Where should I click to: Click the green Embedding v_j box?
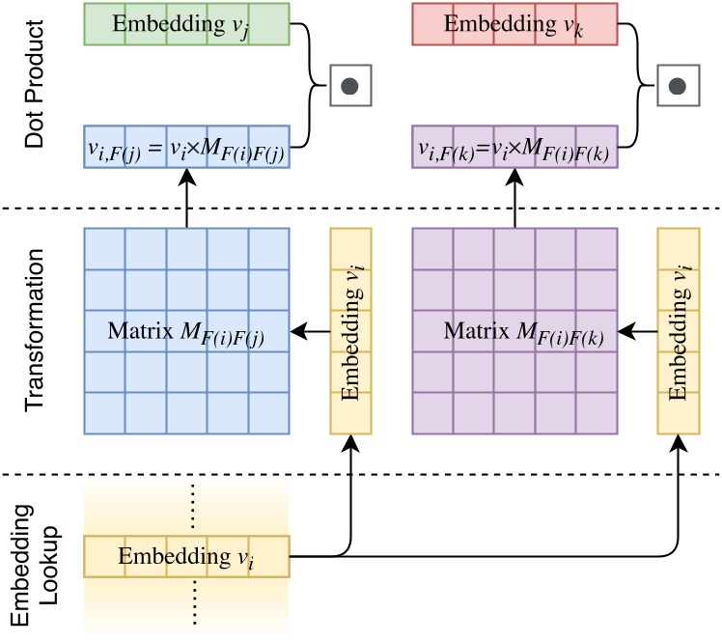point(186,23)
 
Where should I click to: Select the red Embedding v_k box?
point(514,23)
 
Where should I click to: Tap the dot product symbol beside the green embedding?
point(350,86)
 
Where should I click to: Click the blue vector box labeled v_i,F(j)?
point(186,149)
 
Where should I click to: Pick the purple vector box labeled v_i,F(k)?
point(514,149)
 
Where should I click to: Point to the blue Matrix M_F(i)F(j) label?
point(186,332)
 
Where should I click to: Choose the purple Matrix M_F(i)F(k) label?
point(514,332)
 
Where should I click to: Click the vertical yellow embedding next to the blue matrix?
point(350,330)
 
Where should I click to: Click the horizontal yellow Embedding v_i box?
point(186,557)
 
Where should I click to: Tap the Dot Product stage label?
point(36,86)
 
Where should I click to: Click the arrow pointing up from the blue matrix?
point(186,200)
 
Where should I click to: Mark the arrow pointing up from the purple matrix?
point(514,200)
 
